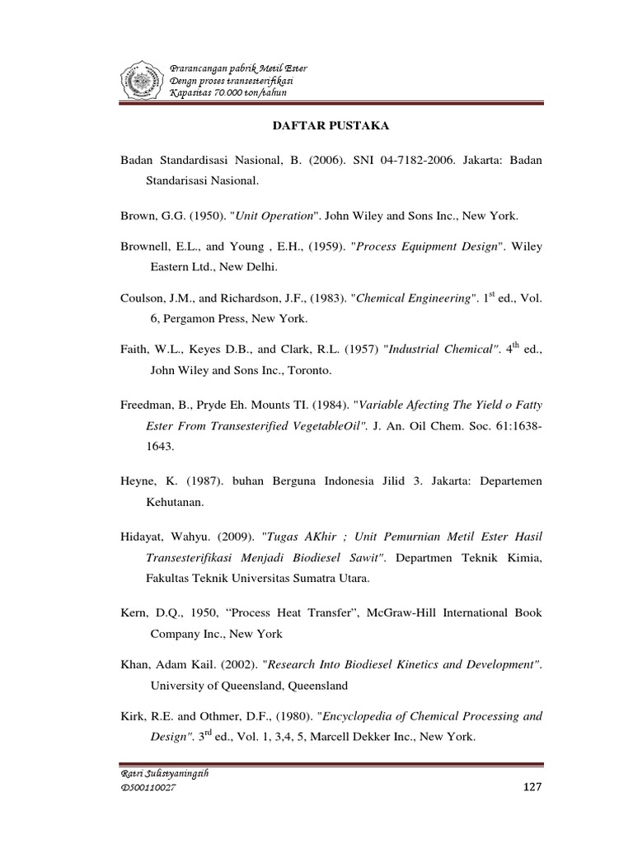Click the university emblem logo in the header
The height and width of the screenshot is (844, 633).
pos(142,79)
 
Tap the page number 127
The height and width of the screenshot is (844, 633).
pos(532,788)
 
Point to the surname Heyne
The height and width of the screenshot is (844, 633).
pos(139,481)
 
